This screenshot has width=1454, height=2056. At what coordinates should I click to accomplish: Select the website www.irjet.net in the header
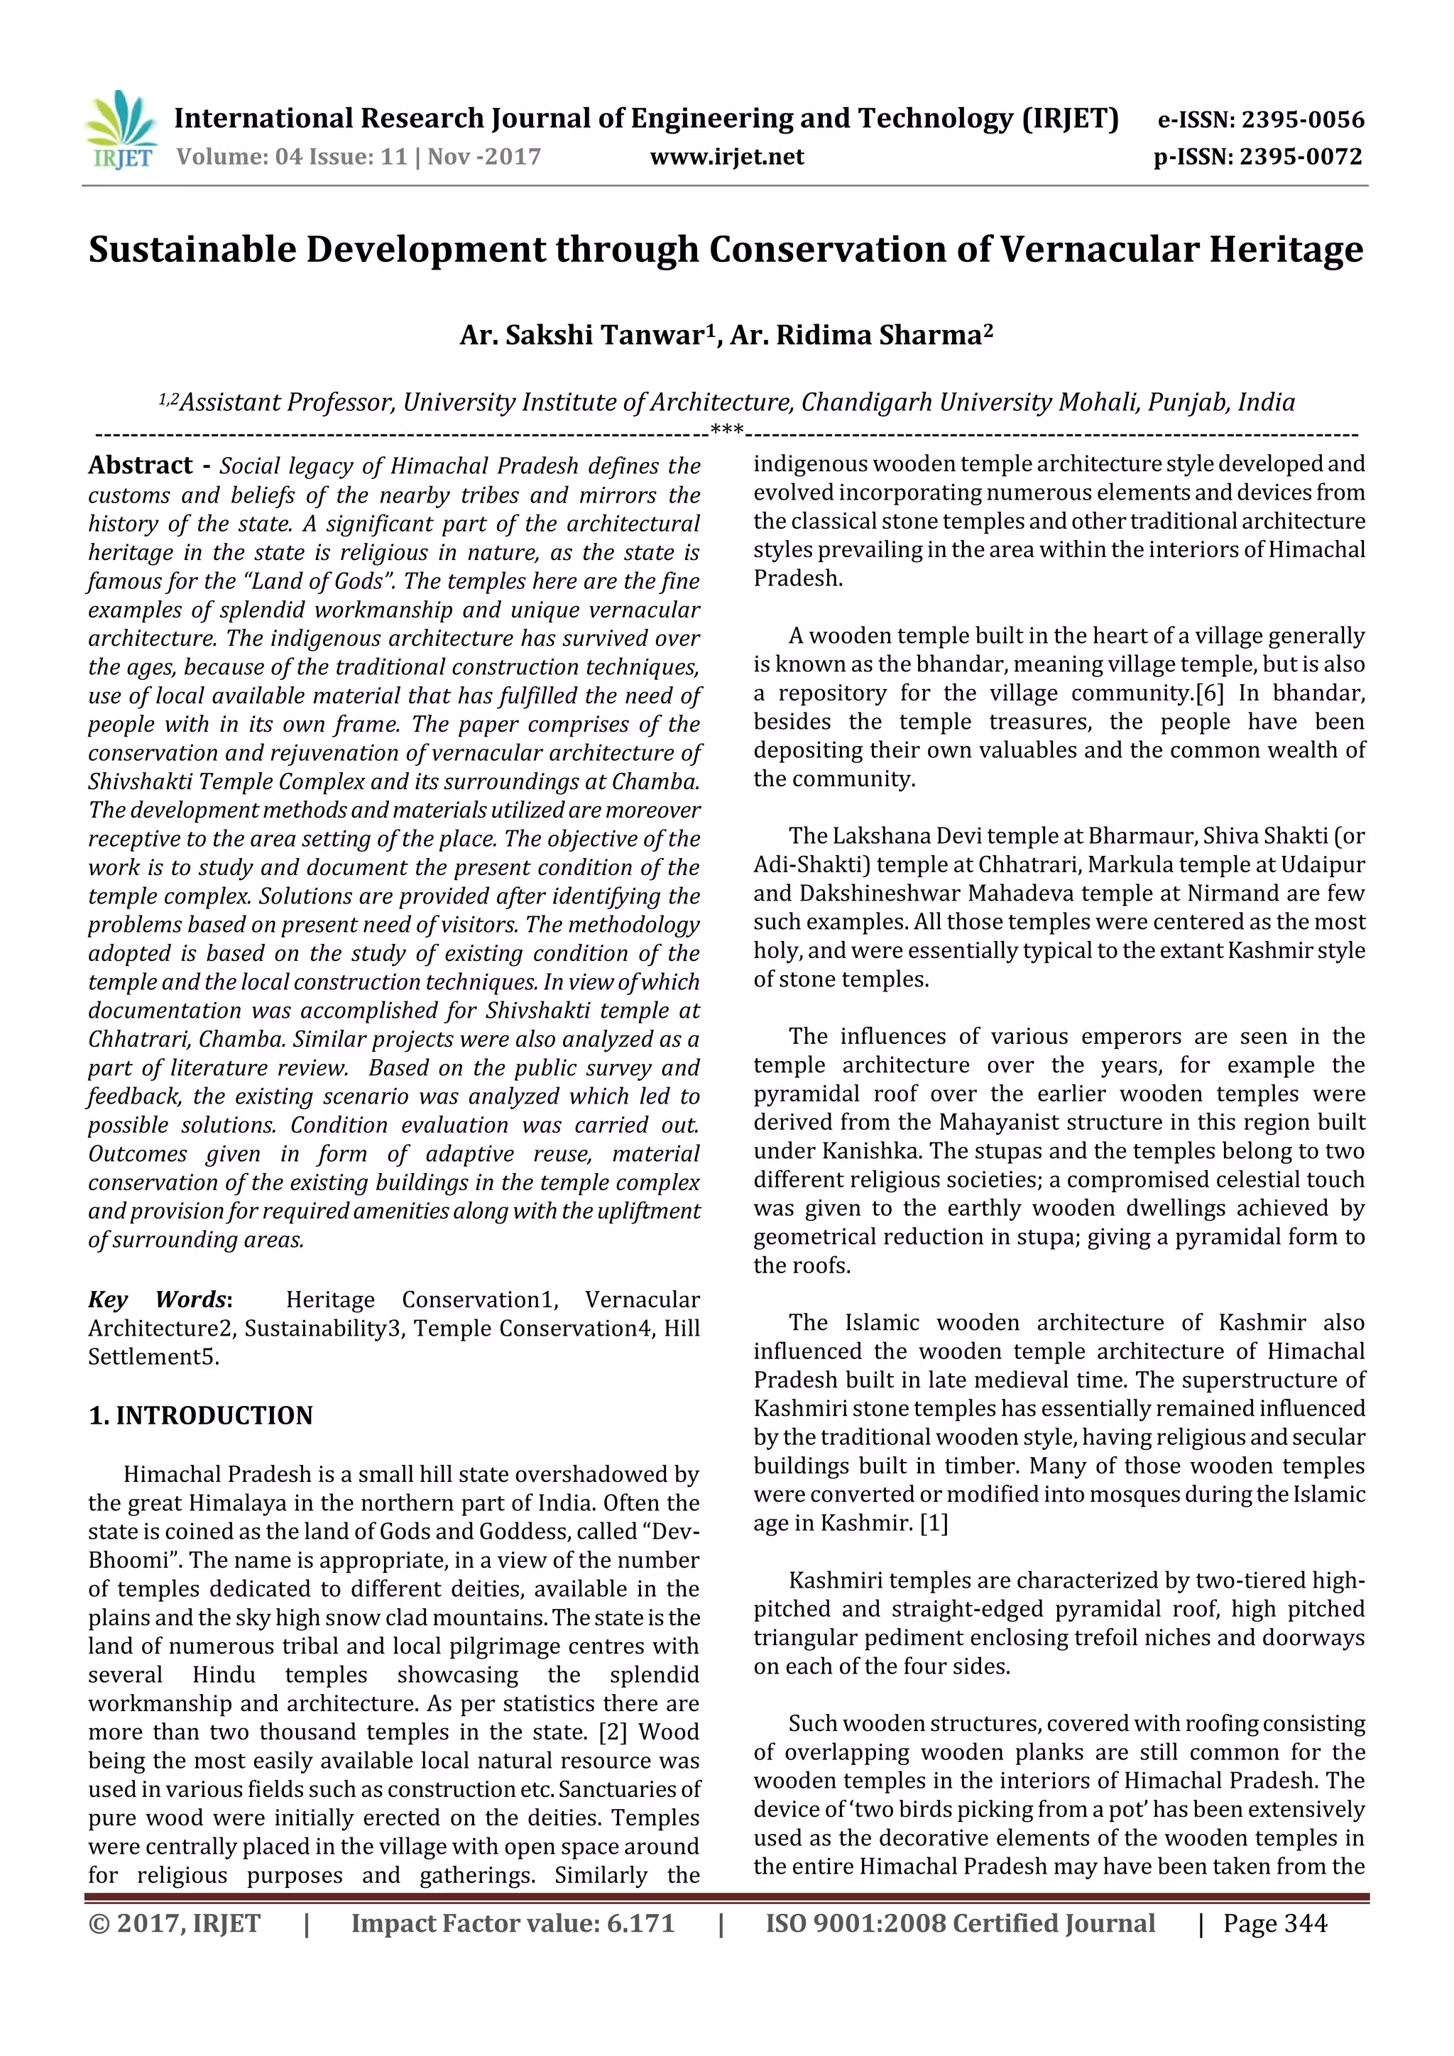pyautogui.click(x=726, y=157)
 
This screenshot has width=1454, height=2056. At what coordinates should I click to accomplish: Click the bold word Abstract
pyautogui.click(x=140, y=466)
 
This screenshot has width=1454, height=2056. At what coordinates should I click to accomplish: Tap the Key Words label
pyautogui.click(x=158, y=1299)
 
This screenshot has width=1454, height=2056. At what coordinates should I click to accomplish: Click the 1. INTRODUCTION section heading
pyautogui.click(x=201, y=1416)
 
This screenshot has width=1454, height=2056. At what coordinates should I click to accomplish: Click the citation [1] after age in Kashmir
pyautogui.click(x=934, y=1523)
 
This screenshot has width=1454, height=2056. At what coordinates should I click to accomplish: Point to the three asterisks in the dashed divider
pyautogui.click(x=726, y=431)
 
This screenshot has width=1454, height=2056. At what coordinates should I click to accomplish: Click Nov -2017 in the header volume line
pyautogui.click(x=483, y=157)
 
